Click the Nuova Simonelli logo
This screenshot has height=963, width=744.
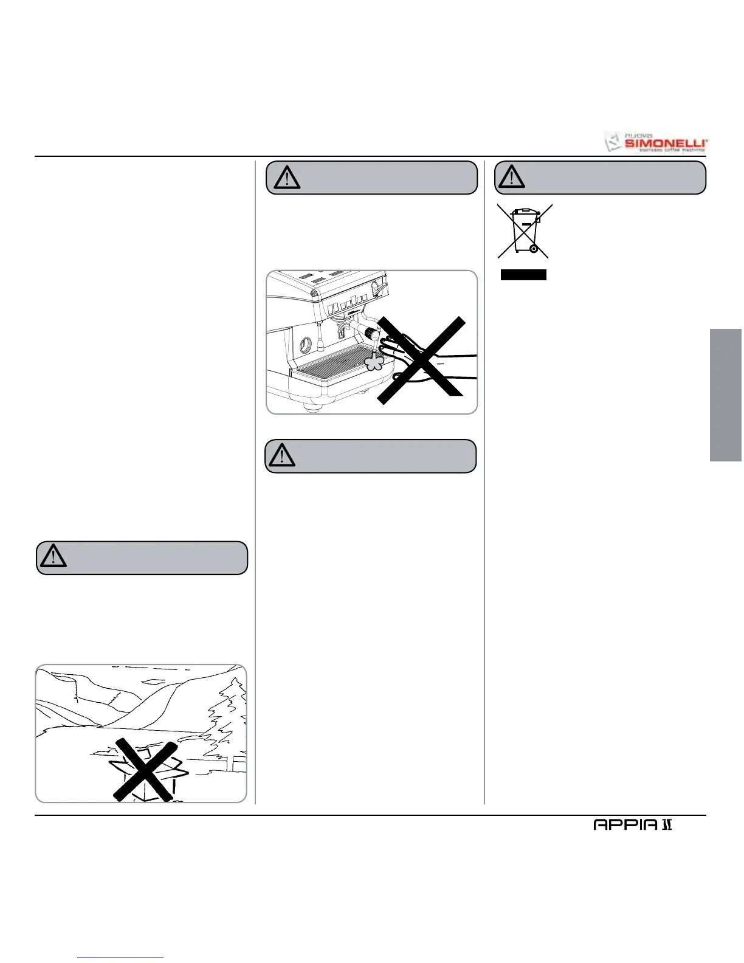pos(656,142)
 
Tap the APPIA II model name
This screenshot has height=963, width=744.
pos(633,825)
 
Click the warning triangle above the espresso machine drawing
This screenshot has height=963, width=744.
pos(288,177)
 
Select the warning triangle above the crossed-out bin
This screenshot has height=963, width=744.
pos(512,176)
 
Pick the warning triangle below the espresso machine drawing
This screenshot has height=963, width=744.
pos(281,455)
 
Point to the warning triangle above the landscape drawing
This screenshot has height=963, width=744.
pos(53,557)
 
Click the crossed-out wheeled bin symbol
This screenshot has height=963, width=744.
pos(524,231)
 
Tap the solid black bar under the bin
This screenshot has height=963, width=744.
pos(523,275)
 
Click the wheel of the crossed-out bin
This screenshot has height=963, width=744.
pos(532,249)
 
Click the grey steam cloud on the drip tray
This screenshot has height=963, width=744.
pos(373,362)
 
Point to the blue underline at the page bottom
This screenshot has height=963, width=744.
pos(121,958)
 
